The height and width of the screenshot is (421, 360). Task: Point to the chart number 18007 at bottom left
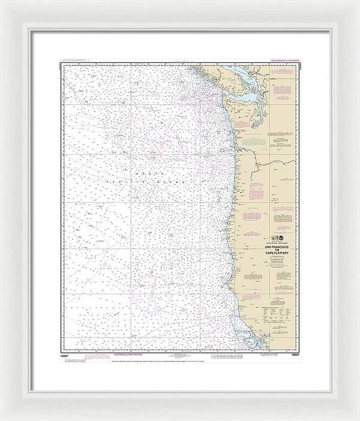tap(67, 355)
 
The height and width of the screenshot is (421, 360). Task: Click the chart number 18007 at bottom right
tap(293, 355)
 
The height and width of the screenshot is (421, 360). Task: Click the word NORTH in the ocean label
tap(129, 171)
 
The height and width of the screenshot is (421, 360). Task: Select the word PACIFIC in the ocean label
tap(118, 180)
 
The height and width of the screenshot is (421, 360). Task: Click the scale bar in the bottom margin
tap(180, 356)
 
